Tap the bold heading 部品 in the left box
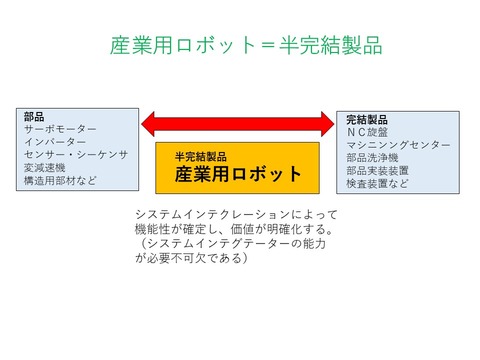tap(34, 117)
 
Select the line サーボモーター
tap(60, 130)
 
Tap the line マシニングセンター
tap(393, 144)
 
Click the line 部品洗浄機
tap(372, 158)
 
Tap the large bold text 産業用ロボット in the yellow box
tap(238, 173)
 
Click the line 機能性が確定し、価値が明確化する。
tap(236, 229)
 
